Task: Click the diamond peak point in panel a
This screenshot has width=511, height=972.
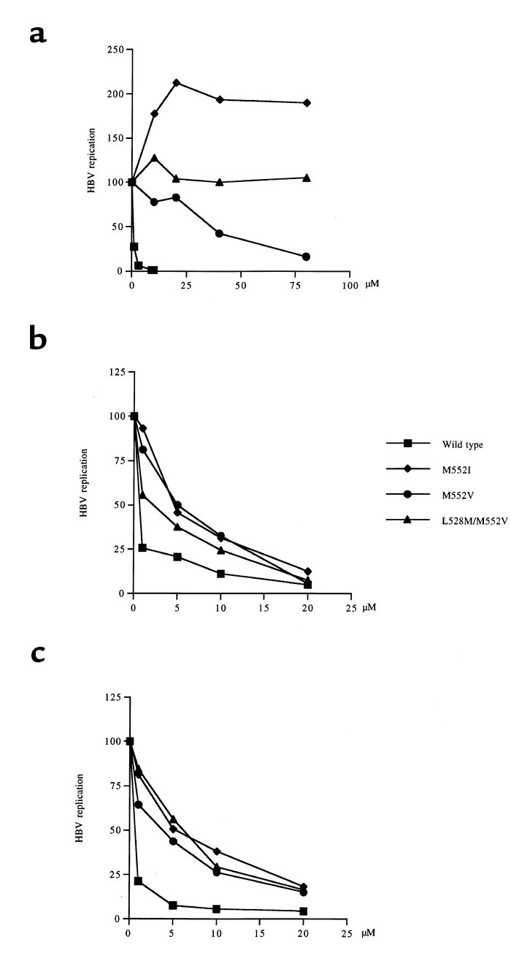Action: (x=176, y=83)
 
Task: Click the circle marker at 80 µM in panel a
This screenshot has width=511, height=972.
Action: (x=306, y=257)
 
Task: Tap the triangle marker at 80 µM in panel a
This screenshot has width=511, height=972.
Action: (x=306, y=178)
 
